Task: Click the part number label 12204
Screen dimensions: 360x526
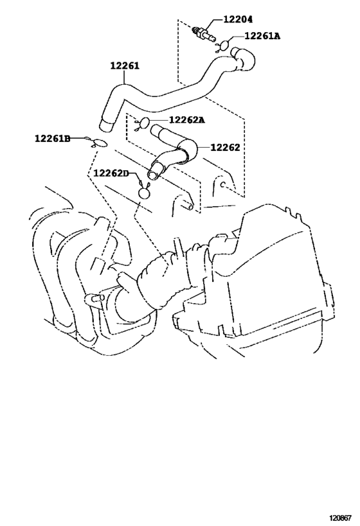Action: tap(238, 19)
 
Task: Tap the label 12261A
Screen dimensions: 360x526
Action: tap(262, 35)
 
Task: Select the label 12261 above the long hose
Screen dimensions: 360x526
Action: tap(125, 66)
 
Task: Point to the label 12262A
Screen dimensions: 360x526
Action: tap(186, 119)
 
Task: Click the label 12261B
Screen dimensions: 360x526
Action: tap(53, 138)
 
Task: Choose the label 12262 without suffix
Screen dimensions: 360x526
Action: tap(226, 147)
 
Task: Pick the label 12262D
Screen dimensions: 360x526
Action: tap(111, 173)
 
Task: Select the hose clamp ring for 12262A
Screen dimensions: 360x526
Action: tap(143, 123)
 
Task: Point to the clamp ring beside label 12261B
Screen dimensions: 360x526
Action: tap(100, 143)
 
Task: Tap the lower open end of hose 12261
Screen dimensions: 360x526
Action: tap(106, 125)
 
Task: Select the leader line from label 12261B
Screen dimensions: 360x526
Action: tap(78, 137)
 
